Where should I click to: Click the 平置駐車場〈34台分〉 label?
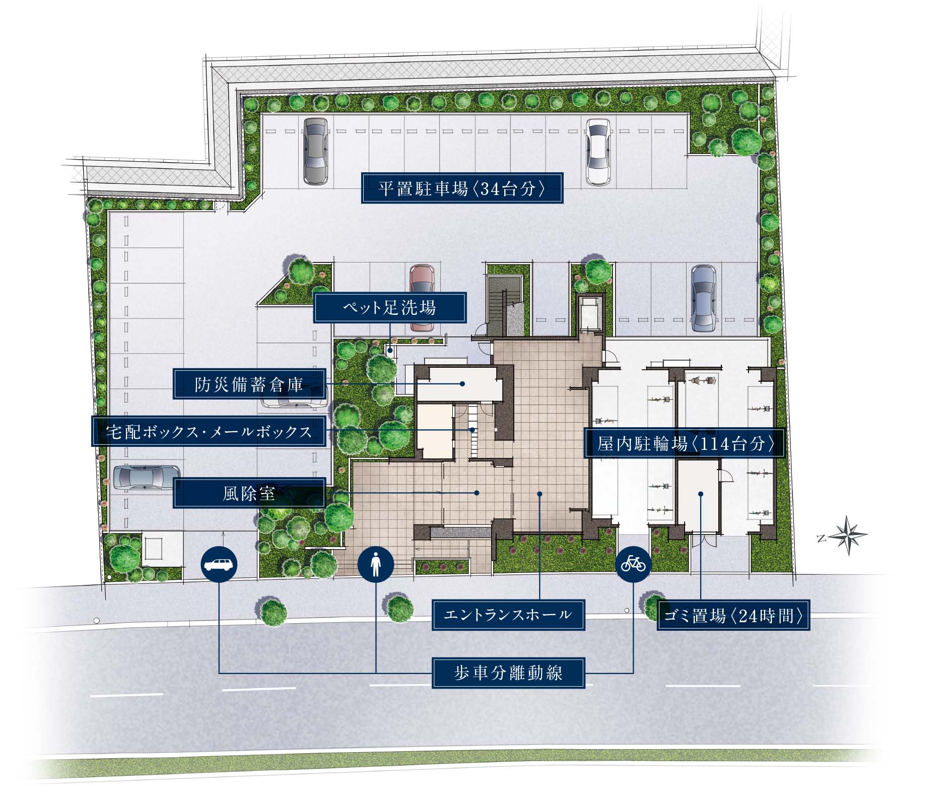pos(462,188)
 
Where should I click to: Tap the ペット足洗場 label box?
pos(390,308)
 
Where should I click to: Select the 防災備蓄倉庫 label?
pos(249,384)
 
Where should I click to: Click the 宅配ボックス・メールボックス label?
pos(209,431)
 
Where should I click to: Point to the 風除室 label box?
pos(249,493)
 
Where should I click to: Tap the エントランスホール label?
pos(508,615)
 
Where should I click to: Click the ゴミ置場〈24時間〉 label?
pos(733,615)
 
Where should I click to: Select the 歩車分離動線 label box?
pos(508,673)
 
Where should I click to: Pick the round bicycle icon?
pos(633,564)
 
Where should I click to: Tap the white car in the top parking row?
pos(598,152)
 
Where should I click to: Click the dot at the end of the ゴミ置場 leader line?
pos(701,494)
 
